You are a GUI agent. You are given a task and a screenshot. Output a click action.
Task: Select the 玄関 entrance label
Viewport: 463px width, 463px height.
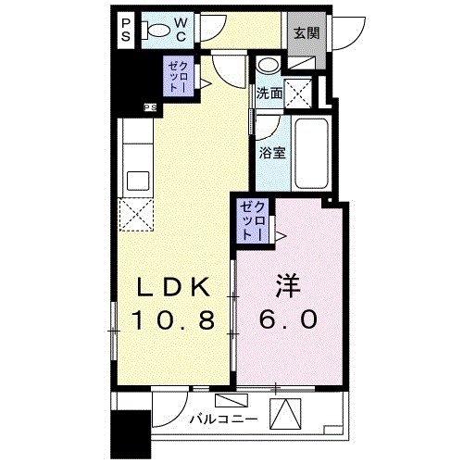click(306, 32)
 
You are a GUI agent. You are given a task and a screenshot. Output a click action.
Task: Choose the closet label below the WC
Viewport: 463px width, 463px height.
click(178, 77)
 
